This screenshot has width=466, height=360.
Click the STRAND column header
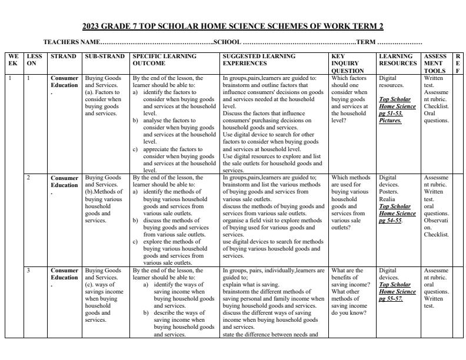click(63, 56)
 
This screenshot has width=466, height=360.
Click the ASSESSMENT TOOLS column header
click(435, 64)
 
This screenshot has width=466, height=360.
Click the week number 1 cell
click(10, 78)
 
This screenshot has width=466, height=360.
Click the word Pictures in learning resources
click(390, 121)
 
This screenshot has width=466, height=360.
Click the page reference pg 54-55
click(390, 221)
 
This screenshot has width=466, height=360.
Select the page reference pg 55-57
click(390, 299)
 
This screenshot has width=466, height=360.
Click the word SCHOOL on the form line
click(227, 42)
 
